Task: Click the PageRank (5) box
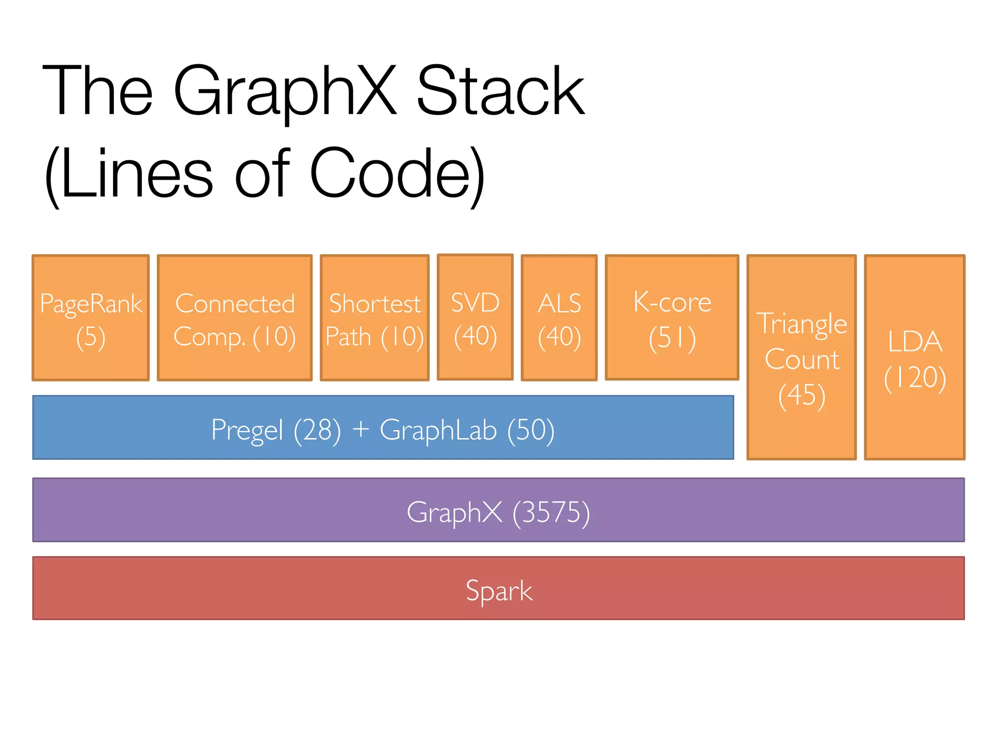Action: [x=91, y=318]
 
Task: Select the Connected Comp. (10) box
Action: [x=235, y=318]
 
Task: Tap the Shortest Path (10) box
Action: [x=375, y=318]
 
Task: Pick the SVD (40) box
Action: [x=475, y=317]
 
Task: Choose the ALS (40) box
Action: [x=559, y=318]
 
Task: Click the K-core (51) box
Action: [x=672, y=317]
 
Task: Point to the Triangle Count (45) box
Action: [x=802, y=357]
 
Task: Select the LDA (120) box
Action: [x=915, y=357]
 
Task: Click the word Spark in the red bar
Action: [x=499, y=590]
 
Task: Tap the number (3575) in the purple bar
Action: [x=551, y=512]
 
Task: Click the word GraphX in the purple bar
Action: [x=454, y=512]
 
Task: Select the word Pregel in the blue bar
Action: [x=247, y=430]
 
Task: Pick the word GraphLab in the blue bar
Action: [x=438, y=430]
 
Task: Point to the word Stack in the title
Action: [x=500, y=92]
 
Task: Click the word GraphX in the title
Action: [x=285, y=92]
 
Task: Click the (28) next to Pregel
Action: [x=317, y=430]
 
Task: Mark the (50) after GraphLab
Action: [x=530, y=430]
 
